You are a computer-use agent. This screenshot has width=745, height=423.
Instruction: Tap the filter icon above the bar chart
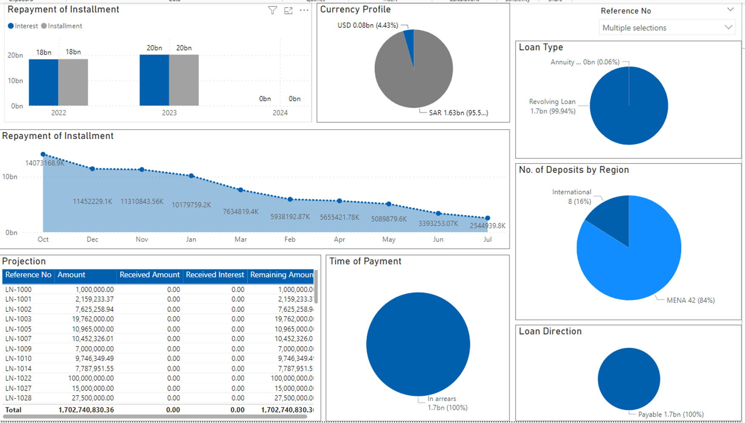click(x=273, y=10)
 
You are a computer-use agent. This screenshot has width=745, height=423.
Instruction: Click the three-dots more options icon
click(x=304, y=10)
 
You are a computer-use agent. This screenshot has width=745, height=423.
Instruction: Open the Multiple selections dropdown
click(x=667, y=28)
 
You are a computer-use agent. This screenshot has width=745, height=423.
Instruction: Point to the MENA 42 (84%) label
click(x=690, y=300)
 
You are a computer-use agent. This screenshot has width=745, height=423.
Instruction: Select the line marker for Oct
click(x=43, y=154)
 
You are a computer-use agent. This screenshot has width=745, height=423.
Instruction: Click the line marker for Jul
click(x=488, y=218)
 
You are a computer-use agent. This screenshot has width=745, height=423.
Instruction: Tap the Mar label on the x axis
click(x=240, y=240)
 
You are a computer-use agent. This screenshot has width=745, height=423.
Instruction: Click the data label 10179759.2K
click(x=191, y=205)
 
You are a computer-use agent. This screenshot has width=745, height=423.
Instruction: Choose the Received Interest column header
click(x=215, y=275)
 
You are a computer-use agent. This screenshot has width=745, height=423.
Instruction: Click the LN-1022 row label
click(x=18, y=378)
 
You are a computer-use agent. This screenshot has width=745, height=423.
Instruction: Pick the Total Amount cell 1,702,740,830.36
click(x=86, y=410)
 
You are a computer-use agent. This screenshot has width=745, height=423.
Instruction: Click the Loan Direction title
click(x=550, y=331)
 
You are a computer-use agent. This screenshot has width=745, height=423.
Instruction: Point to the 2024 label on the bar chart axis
click(x=280, y=113)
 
